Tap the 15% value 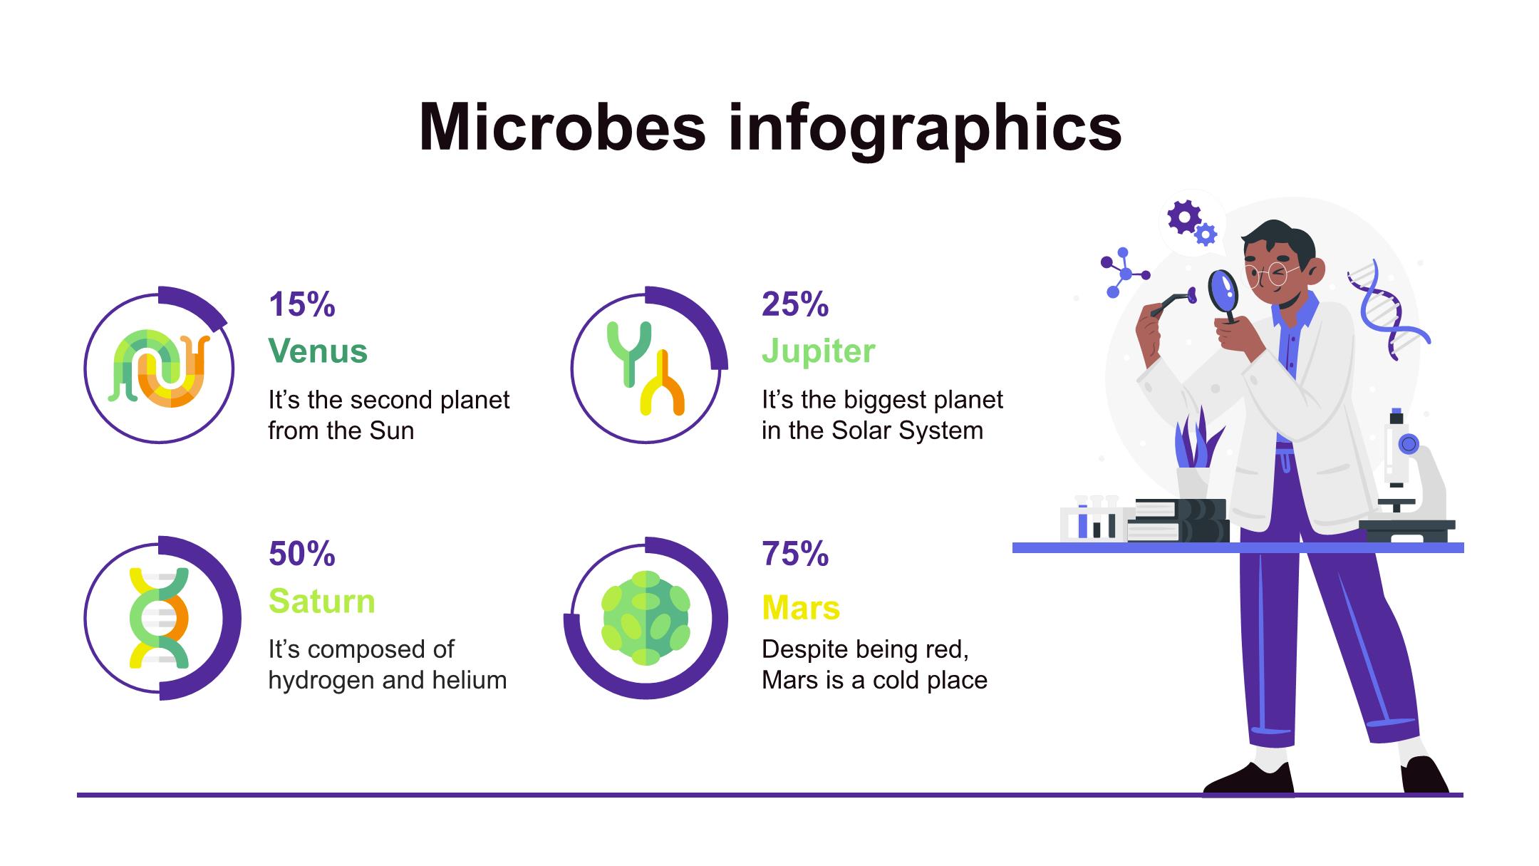tap(302, 304)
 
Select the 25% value tap(795, 304)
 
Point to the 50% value tap(302, 554)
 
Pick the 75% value tap(795, 554)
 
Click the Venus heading tap(318, 351)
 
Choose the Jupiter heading tap(819, 351)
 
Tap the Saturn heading tap(322, 601)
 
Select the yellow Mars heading tap(801, 608)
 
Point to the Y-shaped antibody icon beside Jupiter tap(646, 368)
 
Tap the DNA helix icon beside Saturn tap(159, 618)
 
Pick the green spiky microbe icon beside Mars tap(646, 618)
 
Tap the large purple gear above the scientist tap(1184, 217)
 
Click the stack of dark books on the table tap(1179, 520)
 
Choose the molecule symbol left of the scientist tap(1124, 272)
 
